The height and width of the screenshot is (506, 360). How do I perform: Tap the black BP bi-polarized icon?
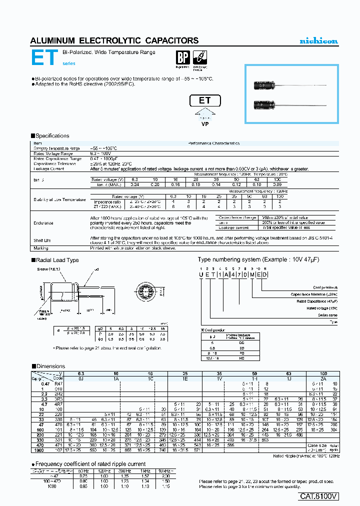coord(183,57)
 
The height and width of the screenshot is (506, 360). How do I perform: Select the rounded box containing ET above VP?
coord(205,100)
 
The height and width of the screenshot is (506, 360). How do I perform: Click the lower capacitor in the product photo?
coord(265,104)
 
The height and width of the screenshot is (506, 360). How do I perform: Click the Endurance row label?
coord(43,222)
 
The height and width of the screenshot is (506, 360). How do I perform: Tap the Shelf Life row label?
coord(42,240)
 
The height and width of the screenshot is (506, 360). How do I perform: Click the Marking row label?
coord(41,248)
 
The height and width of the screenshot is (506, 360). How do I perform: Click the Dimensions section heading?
coord(50,366)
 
